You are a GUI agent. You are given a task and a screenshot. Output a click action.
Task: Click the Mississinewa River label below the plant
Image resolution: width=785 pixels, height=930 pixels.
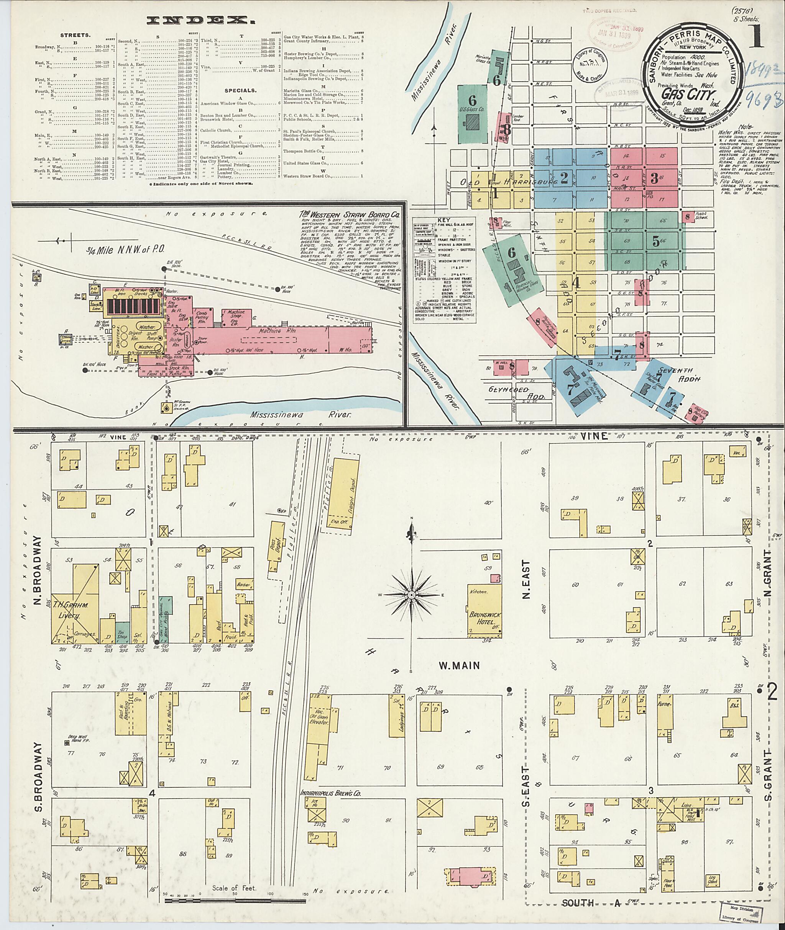(301, 414)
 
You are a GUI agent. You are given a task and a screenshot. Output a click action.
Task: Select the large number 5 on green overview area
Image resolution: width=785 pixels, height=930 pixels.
(655, 240)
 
